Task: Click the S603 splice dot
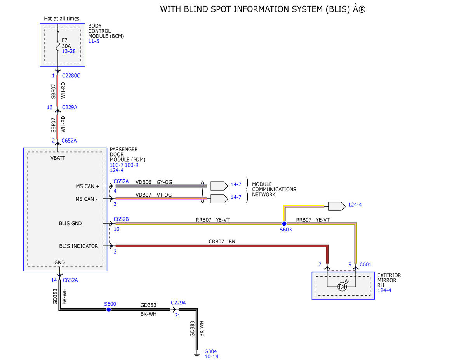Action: click(284, 224)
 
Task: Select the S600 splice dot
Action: click(109, 310)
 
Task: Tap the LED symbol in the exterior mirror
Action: click(342, 287)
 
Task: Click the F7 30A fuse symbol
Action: click(58, 46)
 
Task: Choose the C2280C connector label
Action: click(71, 76)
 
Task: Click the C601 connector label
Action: click(365, 264)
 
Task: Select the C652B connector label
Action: click(121, 219)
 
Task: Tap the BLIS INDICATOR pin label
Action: click(78, 246)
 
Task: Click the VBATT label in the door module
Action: click(58, 158)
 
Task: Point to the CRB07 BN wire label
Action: click(222, 242)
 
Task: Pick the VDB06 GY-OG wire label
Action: click(154, 182)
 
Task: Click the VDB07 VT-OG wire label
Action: click(153, 195)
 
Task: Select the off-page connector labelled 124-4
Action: click(337, 206)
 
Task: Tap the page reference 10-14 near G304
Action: click(212, 357)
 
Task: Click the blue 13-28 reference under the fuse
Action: click(69, 52)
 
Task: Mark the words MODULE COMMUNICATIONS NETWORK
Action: click(274, 190)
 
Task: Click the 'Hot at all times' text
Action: click(61, 19)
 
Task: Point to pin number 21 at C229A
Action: click(177, 315)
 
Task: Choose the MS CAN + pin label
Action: click(88, 186)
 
